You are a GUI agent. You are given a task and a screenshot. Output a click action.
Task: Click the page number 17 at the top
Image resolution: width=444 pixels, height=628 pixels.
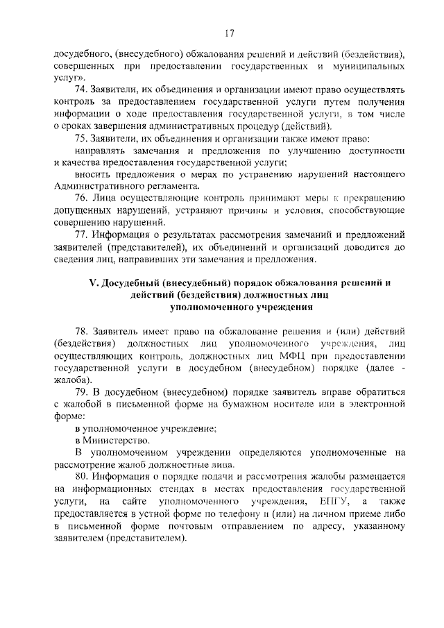click(x=230, y=33)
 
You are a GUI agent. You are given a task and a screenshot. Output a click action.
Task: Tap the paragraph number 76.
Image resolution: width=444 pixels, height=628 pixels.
click(x=83, y=198)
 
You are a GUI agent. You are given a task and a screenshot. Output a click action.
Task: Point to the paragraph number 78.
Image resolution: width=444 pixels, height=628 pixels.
click(x=83, y=332)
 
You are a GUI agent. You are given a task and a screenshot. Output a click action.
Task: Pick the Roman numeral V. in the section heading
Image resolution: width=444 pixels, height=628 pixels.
click(x=94, y=283)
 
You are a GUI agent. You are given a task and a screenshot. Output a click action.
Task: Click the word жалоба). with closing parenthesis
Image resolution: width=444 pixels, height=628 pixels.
click(x=71, y=380)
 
